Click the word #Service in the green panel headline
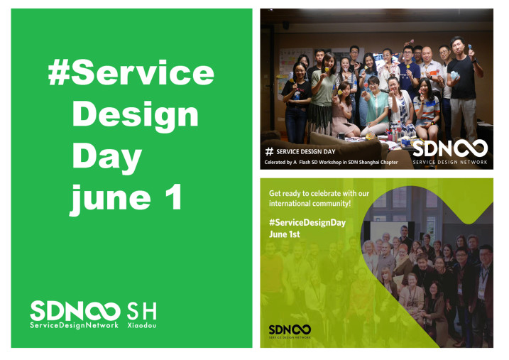(x=131, y=72)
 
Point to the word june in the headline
(x=110, y=200)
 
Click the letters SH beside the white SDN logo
(x=141, y=311)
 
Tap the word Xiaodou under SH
(x=141, y=325)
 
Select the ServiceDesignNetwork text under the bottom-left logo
(x=74, y=325)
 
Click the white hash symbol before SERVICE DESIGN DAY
(x=269, y=151)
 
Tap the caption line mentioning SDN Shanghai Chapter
(x=331, y=163)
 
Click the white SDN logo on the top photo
(x=450, y=148)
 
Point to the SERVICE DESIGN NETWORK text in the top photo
(x=450, y=162)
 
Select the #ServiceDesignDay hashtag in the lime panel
(x=307, y=223)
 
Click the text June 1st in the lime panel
(x=285, y=234)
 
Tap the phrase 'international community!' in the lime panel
(x=310, y=204)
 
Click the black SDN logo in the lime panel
(x=290, y=329)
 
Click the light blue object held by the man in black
(x=454, y=75)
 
